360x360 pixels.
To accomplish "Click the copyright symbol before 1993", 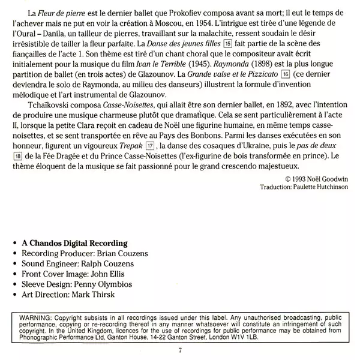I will point(289,179).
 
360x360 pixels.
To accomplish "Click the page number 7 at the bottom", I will point(179,350).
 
